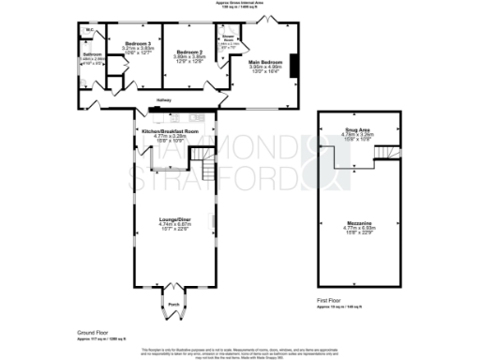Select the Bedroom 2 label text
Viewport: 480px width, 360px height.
tap(189, 52)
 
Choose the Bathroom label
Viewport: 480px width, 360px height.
tap(92, 54)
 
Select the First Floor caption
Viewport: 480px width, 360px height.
tap(330, 300)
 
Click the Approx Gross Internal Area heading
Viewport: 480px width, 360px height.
tap(240, 5)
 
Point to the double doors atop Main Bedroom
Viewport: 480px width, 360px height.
tap(280, 28)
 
